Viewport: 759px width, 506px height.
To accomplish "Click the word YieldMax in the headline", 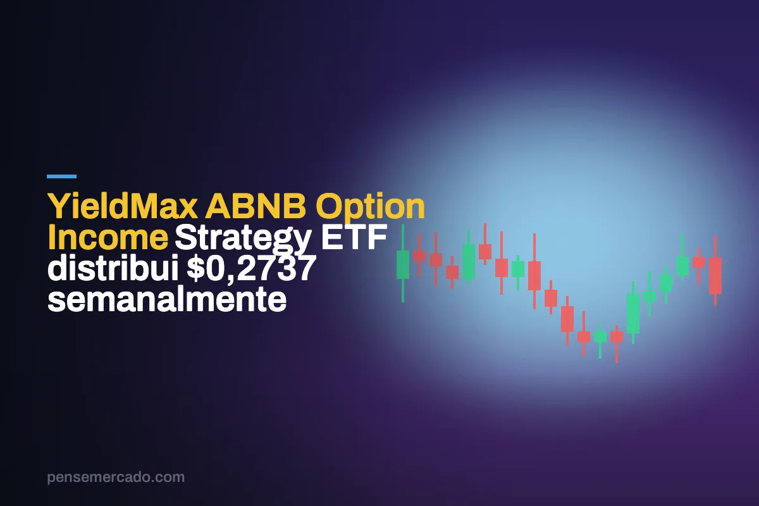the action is [123, 206].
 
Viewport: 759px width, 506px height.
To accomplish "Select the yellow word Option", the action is [370, 207].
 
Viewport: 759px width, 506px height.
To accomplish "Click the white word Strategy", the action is [243, 239].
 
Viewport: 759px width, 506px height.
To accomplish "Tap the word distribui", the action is [113, 268].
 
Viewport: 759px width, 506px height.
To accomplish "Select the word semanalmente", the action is [167, 299].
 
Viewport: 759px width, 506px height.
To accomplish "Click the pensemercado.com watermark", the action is [116, 477].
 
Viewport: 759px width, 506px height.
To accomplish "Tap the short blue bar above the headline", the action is [62, 176].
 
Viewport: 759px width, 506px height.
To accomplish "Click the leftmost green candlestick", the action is [403, 263].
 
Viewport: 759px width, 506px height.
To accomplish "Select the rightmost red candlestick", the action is [715, 271].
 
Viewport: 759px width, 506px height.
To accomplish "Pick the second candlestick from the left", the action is [419, 256].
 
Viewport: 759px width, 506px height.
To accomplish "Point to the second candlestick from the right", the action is [699, 266].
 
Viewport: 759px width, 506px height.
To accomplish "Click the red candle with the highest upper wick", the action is [485, 244].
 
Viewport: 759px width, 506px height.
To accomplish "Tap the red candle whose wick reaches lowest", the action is [617, 344].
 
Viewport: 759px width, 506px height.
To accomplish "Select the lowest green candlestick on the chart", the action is [600, 341].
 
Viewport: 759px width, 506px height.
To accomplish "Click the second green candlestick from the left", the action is [469, 257].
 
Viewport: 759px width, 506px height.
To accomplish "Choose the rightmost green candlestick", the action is [682, 257].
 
